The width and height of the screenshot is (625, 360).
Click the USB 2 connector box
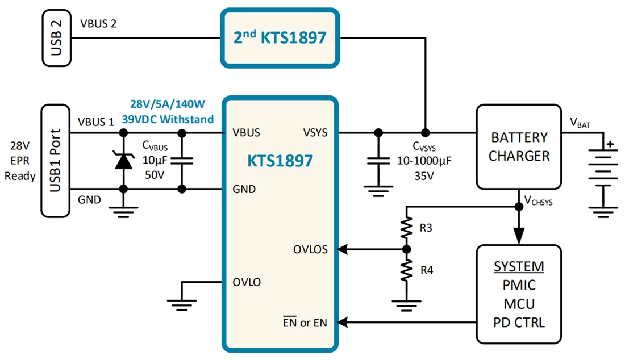[x=56, y=39]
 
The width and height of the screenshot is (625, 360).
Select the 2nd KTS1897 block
[x=280, y=37]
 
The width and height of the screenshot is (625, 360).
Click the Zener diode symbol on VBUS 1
[x=123, y=161]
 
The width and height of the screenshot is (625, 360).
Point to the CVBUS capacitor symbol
[x=182, y=161]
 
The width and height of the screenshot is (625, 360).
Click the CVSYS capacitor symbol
[x=378, y=161]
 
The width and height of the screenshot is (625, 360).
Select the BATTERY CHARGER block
[x=519, y=146]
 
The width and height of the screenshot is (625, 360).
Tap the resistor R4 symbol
[x=406, y=270]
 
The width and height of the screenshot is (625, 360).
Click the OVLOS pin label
[x=310, y=249]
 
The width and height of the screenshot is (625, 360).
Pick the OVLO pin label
[x=247, y=282]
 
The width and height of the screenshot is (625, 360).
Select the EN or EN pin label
[x=305, y=323]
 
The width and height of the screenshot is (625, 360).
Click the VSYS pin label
[x=315, y=133]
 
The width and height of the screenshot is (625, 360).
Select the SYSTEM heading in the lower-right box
[x=518, y=266]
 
